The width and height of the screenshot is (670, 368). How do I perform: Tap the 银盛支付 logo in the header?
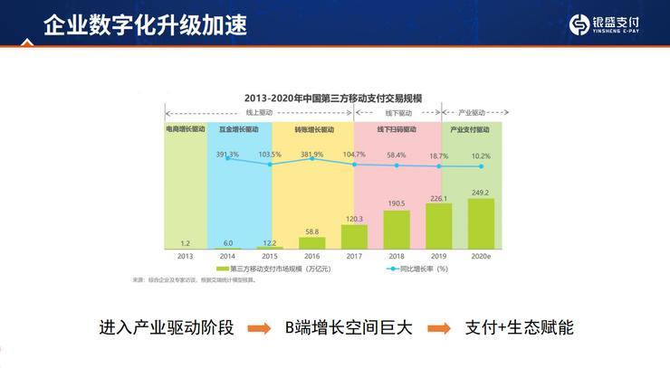(612, 24)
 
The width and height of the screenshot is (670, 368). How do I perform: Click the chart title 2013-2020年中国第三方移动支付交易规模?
(333, 97)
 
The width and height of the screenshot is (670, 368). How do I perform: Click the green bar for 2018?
(397, 230)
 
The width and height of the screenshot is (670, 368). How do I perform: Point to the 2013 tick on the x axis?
(185, 257)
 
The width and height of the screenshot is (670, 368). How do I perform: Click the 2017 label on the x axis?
(354, 257)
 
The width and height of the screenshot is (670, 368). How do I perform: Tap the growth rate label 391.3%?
(227, 155)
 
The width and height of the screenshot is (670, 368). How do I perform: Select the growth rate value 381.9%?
(312, 154)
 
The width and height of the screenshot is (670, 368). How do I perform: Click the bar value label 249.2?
(481, 192)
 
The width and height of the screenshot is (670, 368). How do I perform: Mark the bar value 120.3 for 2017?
(354, 219)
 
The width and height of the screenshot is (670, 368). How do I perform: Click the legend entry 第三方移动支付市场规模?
(272, 269)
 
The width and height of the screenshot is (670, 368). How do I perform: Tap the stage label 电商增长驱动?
(185, 129)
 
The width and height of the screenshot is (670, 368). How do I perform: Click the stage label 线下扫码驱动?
(397, 129)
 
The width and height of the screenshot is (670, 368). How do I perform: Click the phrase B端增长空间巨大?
(349, 327)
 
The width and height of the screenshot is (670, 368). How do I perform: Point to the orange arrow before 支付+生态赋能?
(440, 328)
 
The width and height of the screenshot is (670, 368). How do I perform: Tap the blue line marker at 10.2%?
(481, 167)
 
